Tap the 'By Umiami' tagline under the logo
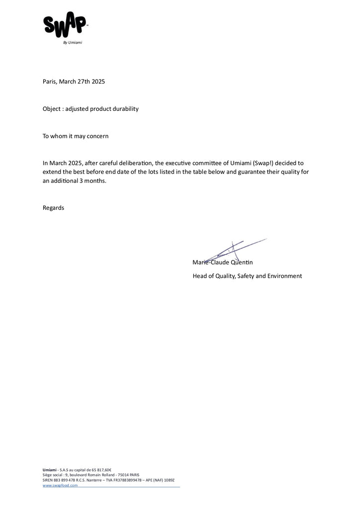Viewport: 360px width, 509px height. coord(73,43)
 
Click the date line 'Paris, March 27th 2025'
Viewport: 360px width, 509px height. coord(74,82)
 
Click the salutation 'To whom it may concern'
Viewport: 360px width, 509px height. coord(76,136)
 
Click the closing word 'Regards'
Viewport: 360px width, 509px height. coord(53,208)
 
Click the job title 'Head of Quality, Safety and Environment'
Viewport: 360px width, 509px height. coord(247,276)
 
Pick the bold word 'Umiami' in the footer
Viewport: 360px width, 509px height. coord(50,470)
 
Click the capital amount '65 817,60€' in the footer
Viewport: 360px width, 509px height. coord(100,470)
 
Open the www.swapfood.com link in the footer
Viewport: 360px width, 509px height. coord(60,485)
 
